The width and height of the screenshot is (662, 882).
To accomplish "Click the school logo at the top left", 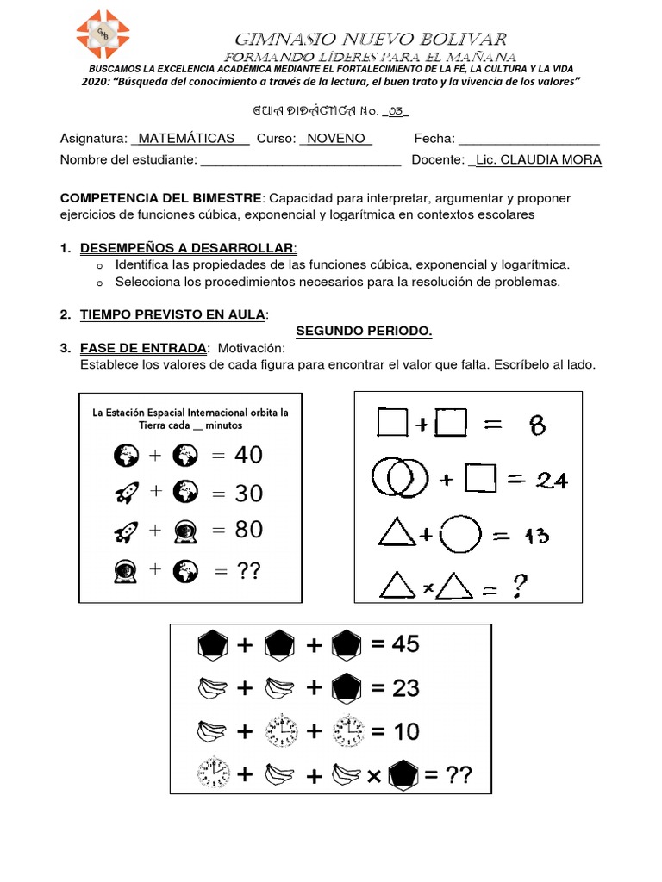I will pos(103,34).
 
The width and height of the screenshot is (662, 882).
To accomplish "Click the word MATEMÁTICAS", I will pos(186,139).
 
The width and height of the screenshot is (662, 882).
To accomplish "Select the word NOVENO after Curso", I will pos(335,139).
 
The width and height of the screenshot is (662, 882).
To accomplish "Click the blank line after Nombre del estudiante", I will pos(300,161).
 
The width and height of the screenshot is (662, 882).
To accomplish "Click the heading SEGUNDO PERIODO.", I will pos(364,331).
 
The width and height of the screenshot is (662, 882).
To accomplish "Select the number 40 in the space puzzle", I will pos(248,455).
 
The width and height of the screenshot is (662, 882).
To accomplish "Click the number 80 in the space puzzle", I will pos(248,529).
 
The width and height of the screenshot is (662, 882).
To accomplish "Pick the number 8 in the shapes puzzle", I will pos(538,424).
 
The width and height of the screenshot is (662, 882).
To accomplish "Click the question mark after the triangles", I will pos(520,587).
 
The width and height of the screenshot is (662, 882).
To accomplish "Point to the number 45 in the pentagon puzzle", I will pos(404,644).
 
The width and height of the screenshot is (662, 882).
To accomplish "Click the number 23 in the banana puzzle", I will pos(404,687).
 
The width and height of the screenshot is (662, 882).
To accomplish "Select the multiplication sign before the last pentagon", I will pos(373,776).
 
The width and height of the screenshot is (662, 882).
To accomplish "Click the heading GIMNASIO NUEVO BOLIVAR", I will pos(371,39).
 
